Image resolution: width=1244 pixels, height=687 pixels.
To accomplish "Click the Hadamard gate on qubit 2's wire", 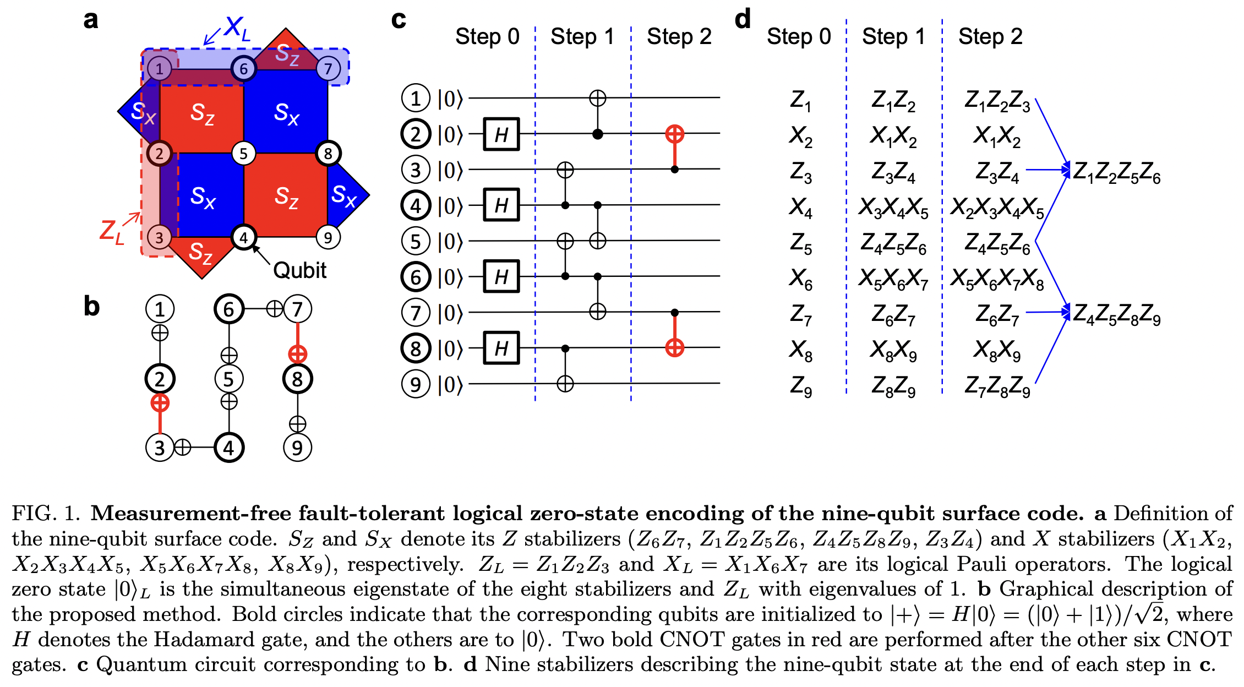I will tap(501, 134).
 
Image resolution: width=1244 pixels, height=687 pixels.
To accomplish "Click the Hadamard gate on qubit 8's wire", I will tap(501, 348).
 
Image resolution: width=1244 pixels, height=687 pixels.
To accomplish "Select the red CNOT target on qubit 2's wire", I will tap(675, 133).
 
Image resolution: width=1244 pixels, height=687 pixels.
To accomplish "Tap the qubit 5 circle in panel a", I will tap(244, 154).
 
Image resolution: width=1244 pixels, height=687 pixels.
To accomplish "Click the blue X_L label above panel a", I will tap(237, 28).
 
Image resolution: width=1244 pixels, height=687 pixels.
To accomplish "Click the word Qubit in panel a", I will tap(300, 270).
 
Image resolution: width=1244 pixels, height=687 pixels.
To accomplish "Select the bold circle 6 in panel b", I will tap(229, 309).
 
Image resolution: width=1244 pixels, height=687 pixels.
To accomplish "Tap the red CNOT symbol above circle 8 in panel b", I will tap(298, 354).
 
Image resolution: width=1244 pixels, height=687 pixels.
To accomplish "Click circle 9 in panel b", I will tap(298, 448).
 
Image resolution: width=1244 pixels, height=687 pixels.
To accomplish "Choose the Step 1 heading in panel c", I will tap(582, 37).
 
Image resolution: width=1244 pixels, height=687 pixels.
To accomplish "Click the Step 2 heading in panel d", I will tap(990, 37).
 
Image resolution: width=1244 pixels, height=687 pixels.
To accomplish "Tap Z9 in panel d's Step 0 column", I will tap(801, 386).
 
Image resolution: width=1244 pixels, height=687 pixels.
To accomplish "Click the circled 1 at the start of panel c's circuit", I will tap(416, 98).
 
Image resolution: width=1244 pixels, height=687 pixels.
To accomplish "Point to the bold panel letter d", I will tap(743, 19).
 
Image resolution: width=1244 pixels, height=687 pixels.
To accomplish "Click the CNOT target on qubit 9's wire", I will tap(565, 383).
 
